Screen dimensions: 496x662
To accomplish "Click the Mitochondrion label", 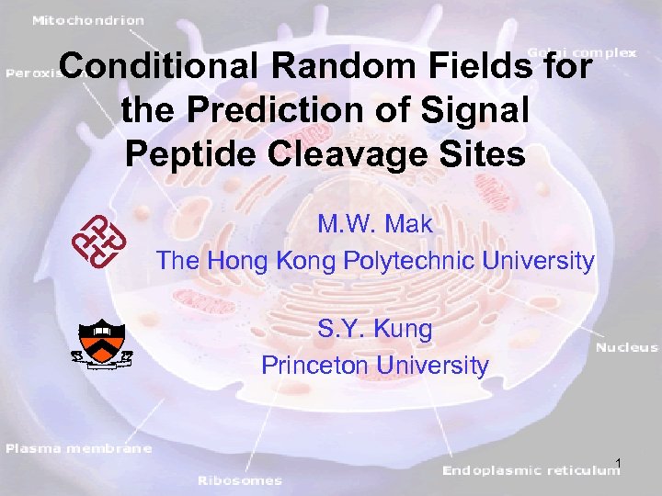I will [x=89, y=18].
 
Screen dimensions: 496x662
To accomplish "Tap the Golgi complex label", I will [x=581, y=52].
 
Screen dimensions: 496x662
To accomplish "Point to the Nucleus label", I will [x=627, y=347].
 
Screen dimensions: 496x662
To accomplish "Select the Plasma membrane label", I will [x=78, y=448].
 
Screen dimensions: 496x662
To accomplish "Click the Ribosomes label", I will [x=240, y=479].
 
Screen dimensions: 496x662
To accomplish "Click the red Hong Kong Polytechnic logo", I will [x=98, y=240].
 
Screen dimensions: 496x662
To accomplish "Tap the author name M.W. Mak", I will [x=375, y=223].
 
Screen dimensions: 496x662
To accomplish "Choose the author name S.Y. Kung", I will [x=374, y=327].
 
